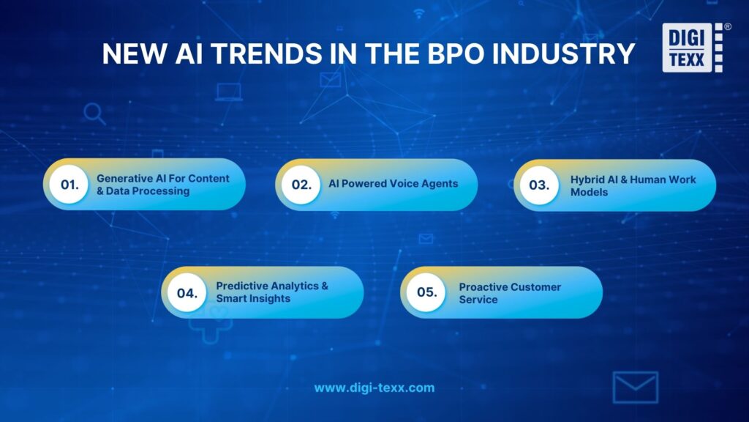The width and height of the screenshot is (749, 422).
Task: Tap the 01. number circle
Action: click(69, 185)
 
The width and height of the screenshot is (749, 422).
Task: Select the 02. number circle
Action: click(301, 185)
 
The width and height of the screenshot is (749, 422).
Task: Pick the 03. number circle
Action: click(539, 185)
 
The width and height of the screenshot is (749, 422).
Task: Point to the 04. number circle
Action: click(187, 292)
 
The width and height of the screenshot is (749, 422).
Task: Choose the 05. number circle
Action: click(426, 292)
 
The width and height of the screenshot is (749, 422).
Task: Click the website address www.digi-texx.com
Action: click(374, 388)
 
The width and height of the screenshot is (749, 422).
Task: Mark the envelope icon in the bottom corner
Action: click(635, 388)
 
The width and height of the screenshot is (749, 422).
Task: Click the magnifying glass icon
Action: click(94, 114)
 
